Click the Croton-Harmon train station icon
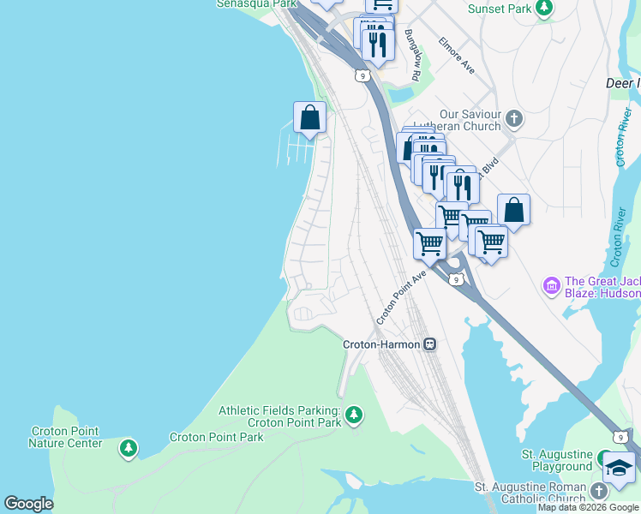click(x=430, y=344)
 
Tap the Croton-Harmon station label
click(x=381, y=344)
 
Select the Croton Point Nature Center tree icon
click(x=128, y=448)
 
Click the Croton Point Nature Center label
click(x=65, y=437)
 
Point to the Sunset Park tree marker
click(x=543, y=8)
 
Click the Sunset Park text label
click(x=500, y=8)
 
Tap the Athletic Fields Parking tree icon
click(x=353, y=416)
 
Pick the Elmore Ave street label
click(x=456, y=53)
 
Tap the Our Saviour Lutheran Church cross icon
click(x=513, y=119)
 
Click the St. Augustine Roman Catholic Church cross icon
click(x=599, y=491)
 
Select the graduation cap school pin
click(x=620, y=469)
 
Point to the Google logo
click(x=28, y=504)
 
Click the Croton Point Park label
click(x=217, y=437)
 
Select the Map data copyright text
click(x=588, y=507)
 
